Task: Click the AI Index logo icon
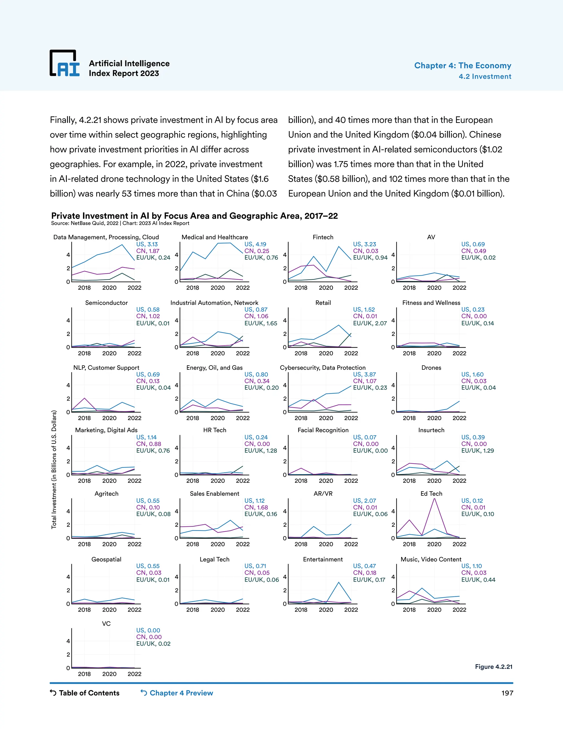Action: coord(65,64)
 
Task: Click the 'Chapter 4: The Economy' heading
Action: coord(462,65)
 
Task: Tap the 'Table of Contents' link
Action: coord(85,693)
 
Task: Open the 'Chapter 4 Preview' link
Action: coord(177,693)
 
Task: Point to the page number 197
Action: coord(507,693)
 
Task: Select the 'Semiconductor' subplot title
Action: coord(106,303)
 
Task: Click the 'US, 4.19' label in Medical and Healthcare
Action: coord(255,244)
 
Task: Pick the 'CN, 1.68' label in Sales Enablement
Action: coord(256,507)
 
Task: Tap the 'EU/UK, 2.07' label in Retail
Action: coord(370,323)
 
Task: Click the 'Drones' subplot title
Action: coord(431,368)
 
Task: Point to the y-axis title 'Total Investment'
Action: coord(54,469)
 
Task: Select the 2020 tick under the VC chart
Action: coord(109,674)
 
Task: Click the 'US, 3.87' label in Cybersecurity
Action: coord(364,374)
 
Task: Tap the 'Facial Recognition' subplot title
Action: coord(323,430)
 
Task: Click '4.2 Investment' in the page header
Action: coord(485,76)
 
